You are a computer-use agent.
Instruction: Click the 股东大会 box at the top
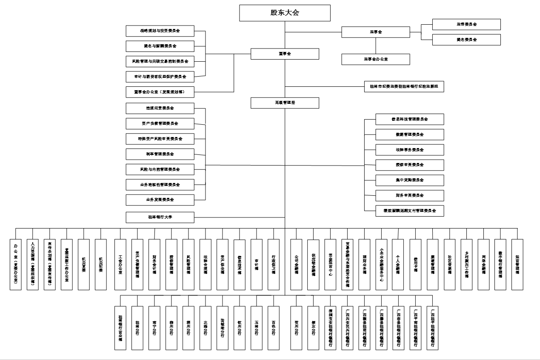(285, 13)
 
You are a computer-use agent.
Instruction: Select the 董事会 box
(285, 54)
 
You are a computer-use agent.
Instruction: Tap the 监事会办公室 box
(375, 59)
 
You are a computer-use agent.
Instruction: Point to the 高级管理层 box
(285, 103)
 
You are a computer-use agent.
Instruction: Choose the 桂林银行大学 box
(160, 217)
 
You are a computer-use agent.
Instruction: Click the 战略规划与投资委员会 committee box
(160, 31)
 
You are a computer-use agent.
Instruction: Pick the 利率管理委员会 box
(160, 154)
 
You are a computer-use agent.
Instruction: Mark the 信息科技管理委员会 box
(410, 119)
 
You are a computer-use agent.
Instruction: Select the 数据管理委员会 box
(410, 134)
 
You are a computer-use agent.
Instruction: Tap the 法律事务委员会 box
(410, 150)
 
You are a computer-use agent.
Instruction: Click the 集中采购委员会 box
(410, 180)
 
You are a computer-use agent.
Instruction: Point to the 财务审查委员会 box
(410, 195)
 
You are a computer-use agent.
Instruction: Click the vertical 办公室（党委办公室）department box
(16, 264)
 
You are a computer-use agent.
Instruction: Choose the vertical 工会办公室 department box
(120, 264)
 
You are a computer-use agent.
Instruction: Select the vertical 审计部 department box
(257, 264)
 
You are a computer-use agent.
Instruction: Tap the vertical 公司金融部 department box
(296, 264)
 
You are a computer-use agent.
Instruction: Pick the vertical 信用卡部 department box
(415, 264)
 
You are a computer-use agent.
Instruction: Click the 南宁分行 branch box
(154, 328)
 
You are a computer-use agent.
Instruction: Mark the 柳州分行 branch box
(171, 328)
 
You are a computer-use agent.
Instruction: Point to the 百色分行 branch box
(274, 328)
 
